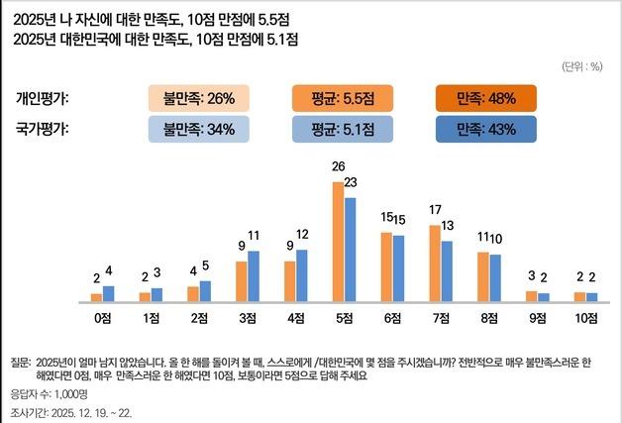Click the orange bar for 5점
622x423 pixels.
point(338,242)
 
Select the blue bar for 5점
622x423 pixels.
point(350,249)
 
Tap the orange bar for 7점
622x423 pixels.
point(434,263)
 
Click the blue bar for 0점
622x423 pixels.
point(109,293)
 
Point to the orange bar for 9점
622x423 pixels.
point(530,295)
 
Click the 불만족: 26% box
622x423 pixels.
point(199,98)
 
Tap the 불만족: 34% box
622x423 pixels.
point(199,129)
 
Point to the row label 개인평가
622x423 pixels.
point(49,98)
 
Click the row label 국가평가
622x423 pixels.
point(49,129)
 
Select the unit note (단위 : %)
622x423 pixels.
point(581,66)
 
